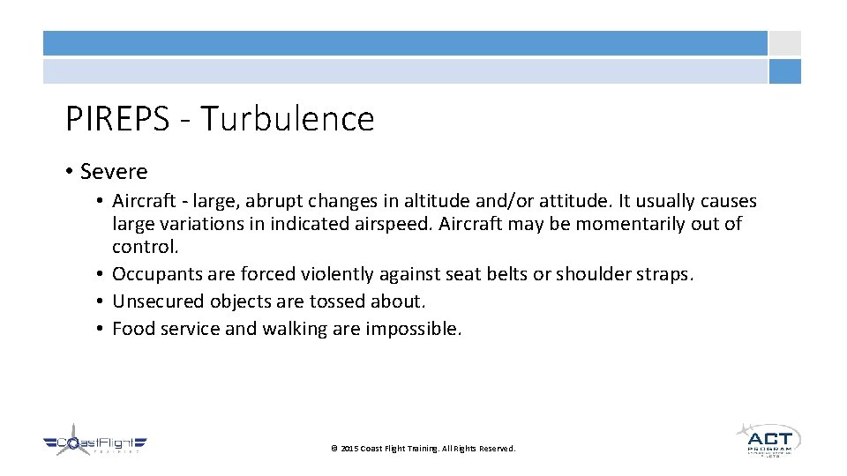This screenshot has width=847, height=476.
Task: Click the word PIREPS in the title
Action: click(116, 119)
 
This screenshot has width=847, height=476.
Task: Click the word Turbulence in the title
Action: click(288, 119)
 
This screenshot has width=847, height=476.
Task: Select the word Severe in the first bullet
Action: click(114, 171)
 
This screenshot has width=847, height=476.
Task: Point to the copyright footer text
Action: click(423, 449)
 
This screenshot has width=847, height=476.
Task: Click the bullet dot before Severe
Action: click(70, 171)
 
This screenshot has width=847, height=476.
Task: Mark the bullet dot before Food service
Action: click(101, 329)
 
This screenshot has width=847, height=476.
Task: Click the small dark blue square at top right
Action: click(784, 71)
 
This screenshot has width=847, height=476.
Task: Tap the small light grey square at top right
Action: click(784, 43)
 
